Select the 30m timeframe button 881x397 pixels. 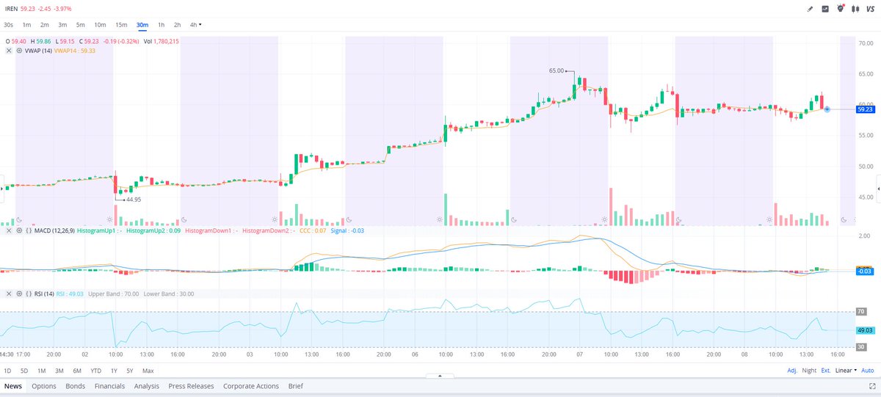[142, 25]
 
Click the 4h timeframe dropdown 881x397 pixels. [195, 25]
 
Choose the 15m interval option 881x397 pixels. [121, 25]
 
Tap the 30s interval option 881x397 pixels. [8, 25]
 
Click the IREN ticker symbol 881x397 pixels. [11, 8]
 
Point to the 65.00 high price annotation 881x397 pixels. [556, 70]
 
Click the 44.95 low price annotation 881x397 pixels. [134, 199]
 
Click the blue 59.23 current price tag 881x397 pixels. [863, 109]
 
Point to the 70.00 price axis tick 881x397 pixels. [865, 43]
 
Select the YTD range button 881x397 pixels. [95, 371]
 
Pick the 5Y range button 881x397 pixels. [129, 371]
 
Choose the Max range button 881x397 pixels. [148, 371]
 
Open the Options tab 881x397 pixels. [44, 386]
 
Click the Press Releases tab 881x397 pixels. [191, 386]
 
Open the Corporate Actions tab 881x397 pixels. [251, 386]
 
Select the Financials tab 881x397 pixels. [109, 386]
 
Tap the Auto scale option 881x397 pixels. [868, 371]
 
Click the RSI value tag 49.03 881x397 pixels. [865, 330]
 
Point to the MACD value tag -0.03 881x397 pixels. [864, 271]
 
